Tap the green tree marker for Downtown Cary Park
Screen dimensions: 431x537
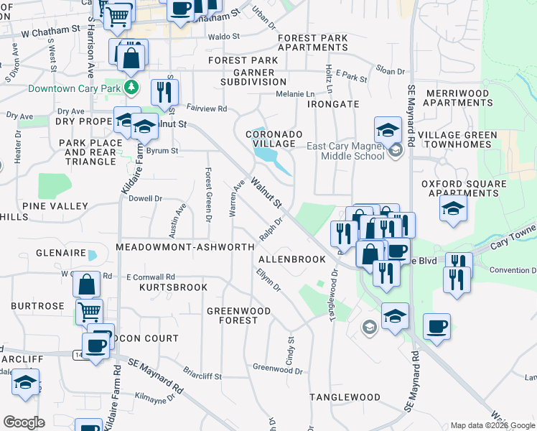tap(131, 88)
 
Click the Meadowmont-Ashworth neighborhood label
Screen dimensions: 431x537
tap(185, 247)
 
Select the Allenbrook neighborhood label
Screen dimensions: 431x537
tap(287, 259)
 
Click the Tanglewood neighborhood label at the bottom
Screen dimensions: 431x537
tap(345, 397)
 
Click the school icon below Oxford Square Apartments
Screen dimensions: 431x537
tap(454, 210)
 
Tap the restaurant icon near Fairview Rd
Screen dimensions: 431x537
tap(166, 93)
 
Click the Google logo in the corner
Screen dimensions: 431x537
tap(24, 422)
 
